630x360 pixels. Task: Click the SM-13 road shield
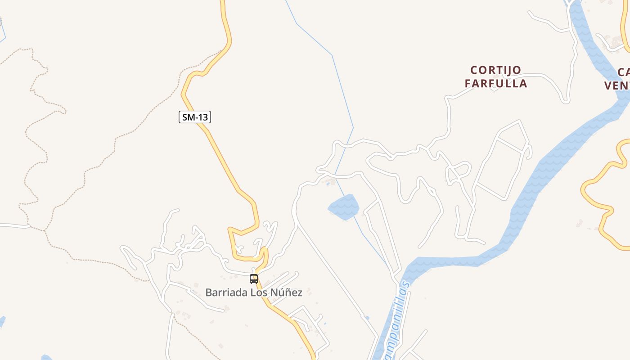pos(195,117)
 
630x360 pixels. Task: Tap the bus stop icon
pos(254,279)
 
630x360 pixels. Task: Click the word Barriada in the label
pos(224,292)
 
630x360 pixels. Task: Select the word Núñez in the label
pos(286,292)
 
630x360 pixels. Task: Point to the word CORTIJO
pos(495,70)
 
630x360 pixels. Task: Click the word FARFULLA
pos(495,84)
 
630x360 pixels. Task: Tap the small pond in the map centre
pos(344,207)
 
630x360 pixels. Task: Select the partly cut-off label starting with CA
pos(624,72)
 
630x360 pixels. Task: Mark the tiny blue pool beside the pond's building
pos(328,184)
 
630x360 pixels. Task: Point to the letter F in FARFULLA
pos(468,84)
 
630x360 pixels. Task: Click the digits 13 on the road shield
pos(202,117)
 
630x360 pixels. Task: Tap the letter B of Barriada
pos(209,292)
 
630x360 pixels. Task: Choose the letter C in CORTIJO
pos(474,70)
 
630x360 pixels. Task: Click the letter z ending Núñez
pos(300,293)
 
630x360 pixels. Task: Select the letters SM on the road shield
pos(188,117)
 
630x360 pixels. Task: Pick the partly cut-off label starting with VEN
pos(617,85)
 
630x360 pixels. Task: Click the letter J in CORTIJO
pos(508,70)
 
